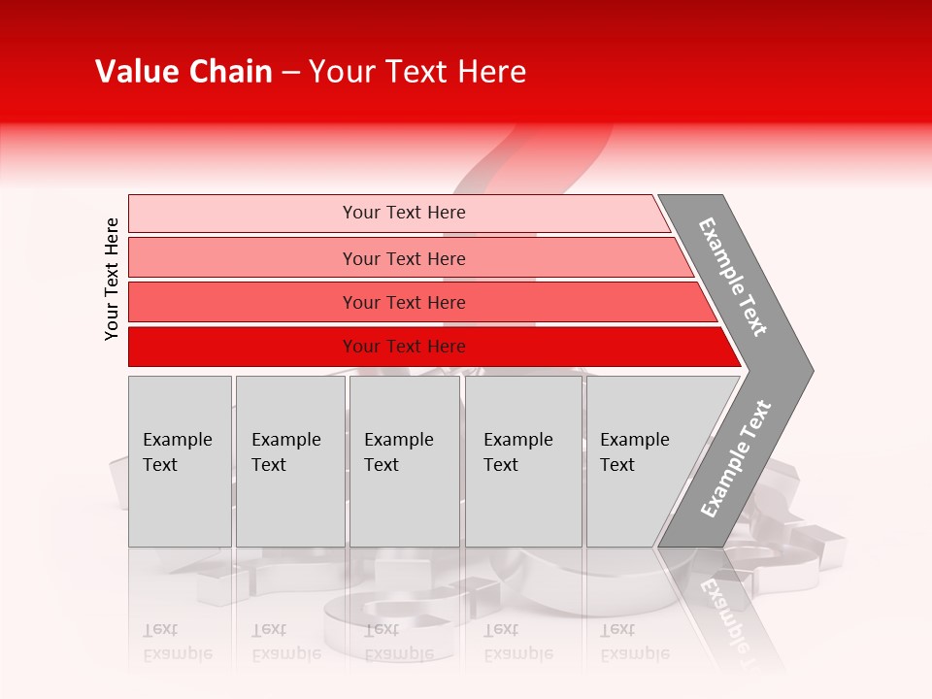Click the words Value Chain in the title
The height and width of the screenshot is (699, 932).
tap(183, 72)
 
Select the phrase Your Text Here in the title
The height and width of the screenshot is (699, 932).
tap(417, 72)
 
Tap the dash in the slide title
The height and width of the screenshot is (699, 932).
tap(290, 73)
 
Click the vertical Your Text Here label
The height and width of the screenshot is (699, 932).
tap(112, 279)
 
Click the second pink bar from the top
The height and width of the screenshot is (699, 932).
tap(404, 258)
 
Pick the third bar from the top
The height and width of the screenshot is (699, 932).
tap(404, 302)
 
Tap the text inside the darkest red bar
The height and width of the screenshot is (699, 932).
tap(404, 347)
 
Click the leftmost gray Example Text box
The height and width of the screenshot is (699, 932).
tap(180, 461)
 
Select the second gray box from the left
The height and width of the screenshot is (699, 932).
tap(290, 461)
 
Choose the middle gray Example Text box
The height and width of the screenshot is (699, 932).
tap(404, 461)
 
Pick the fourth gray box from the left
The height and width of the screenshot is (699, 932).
tap(523, 461)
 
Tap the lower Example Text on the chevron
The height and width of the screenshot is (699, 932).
tap(736, 458)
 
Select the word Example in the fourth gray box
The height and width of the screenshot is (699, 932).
tap(517, 440)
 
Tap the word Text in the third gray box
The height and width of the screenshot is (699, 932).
tap(382, 465)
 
